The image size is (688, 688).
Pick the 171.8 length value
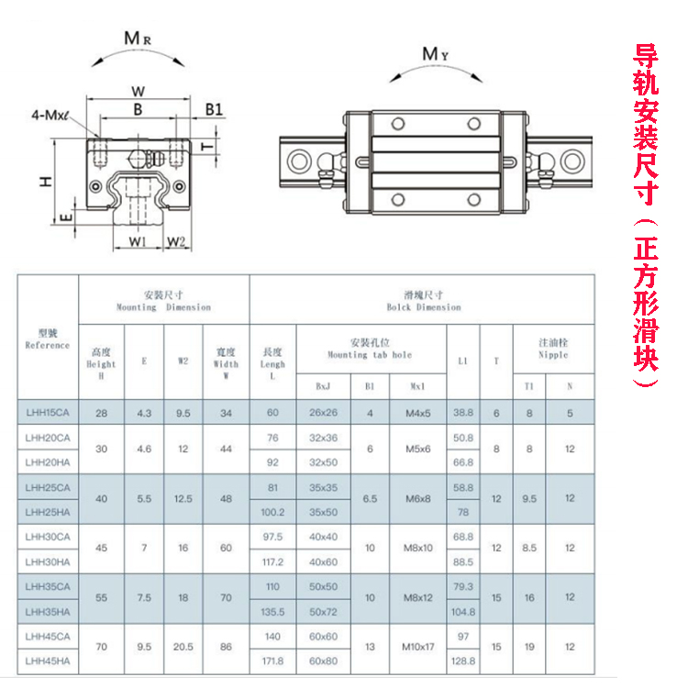273,660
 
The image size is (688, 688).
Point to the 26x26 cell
324,413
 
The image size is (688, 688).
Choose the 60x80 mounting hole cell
324,660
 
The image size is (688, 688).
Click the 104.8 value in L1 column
463,610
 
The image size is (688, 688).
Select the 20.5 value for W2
183,648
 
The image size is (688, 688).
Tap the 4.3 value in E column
144,413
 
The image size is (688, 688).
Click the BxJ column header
324,386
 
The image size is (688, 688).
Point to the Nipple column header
552,349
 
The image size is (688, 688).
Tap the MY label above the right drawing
435,54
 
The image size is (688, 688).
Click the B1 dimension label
214,109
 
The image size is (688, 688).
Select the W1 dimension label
137,242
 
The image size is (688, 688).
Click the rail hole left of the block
299,161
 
